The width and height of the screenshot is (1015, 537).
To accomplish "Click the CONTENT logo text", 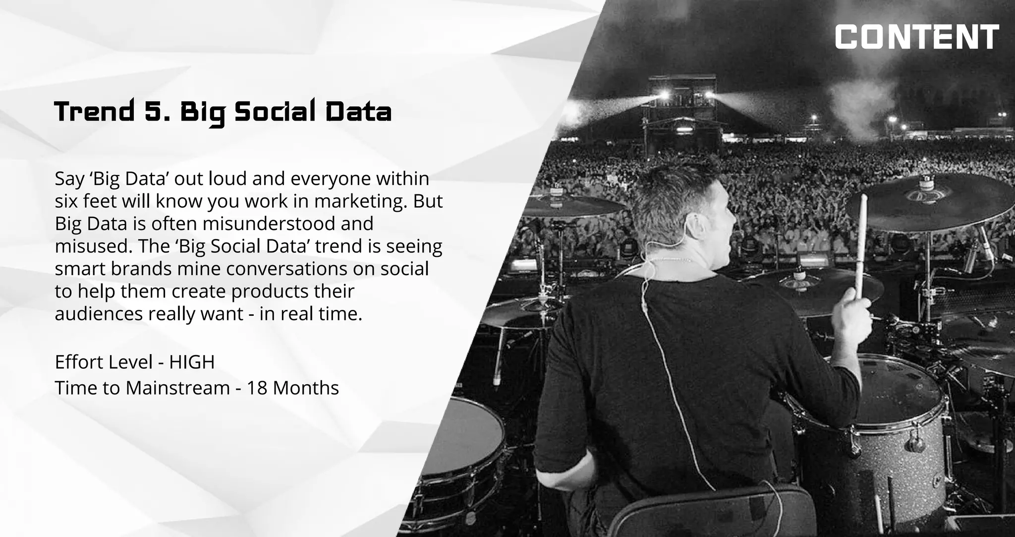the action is point(917,37).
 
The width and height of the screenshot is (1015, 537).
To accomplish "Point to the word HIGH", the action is point(192,362).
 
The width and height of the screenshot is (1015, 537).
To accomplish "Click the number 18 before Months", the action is point(257,388).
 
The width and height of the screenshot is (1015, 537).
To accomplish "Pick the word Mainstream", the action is point(178,388).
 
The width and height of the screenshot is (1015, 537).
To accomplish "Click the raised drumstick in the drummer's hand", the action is point(861,248).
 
